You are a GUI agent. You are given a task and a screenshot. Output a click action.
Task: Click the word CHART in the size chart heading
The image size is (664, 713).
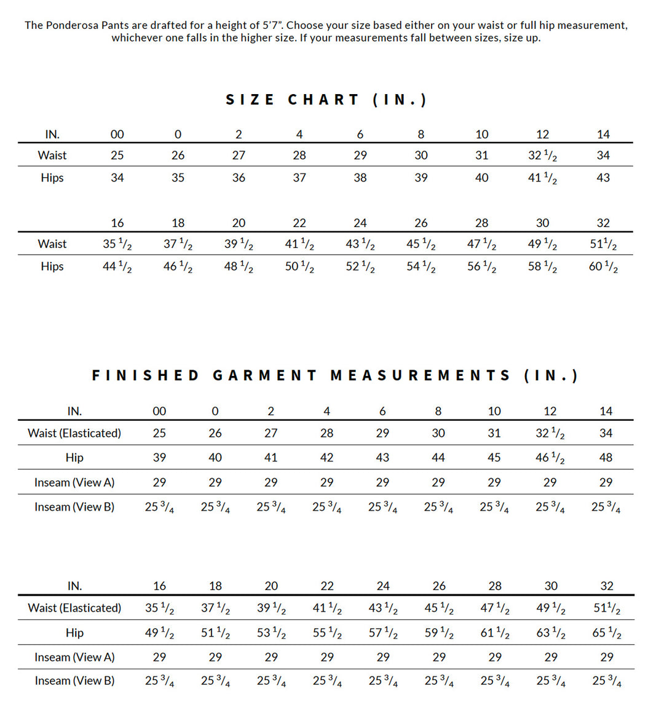click(x=323, y=100)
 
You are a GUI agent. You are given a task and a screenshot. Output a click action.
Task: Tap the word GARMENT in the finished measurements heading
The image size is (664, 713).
click(x=265, y=375)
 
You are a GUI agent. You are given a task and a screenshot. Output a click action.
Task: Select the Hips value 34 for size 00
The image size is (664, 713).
click(x=117, y=178)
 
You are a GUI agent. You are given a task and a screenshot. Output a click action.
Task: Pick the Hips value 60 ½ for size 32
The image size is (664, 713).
click(x=603, y=267)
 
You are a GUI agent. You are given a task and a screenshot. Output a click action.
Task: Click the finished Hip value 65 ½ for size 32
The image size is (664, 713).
click(x=607, y=633)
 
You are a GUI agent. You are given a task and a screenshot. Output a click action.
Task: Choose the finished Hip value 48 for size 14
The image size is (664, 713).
click(x=606, y=458)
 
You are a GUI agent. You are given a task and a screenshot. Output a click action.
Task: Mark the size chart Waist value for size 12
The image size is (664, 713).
click(x=542, y=156)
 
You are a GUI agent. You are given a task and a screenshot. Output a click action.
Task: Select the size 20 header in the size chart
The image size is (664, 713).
click(x=239, y=223)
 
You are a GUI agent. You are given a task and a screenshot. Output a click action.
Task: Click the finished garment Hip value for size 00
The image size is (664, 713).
click(x=159, y=458)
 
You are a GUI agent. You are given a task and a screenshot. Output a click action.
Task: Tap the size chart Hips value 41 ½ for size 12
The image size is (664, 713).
click(x=542, y=178)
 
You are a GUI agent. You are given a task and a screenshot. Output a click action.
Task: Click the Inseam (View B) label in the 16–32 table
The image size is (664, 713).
click(x=74, y=681)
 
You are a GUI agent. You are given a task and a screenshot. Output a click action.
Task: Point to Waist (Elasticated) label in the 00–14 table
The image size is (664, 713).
click(x=74, y=433)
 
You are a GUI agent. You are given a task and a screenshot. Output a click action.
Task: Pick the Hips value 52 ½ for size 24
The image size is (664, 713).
click(x=360, y=267)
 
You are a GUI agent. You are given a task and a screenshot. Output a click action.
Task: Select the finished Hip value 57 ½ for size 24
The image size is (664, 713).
click(x=383, y=633)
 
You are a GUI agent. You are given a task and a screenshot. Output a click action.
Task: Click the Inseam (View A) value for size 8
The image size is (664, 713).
click(x=438, y=482)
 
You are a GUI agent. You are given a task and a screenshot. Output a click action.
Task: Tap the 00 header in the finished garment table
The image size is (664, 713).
click(x=159, y=411)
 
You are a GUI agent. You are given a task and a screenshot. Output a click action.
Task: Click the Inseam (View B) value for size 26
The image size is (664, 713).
click(x=439, y=681)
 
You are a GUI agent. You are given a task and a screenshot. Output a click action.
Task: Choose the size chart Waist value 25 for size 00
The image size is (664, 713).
click(x=117, y=156)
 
